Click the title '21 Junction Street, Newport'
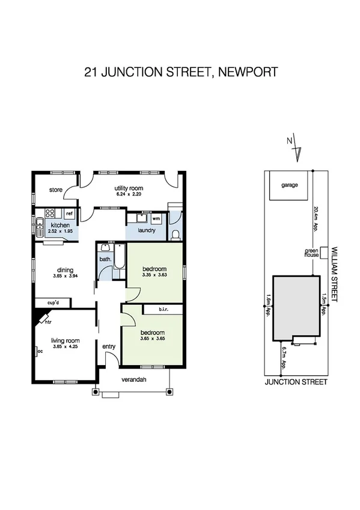180,73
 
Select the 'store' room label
56,190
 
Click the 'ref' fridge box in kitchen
69,214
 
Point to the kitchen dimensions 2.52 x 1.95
61,232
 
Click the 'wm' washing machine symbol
156,218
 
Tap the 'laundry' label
147,230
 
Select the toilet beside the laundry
175,233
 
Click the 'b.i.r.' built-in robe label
162,310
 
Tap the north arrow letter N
290,141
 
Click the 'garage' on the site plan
290,185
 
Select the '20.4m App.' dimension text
316,219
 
